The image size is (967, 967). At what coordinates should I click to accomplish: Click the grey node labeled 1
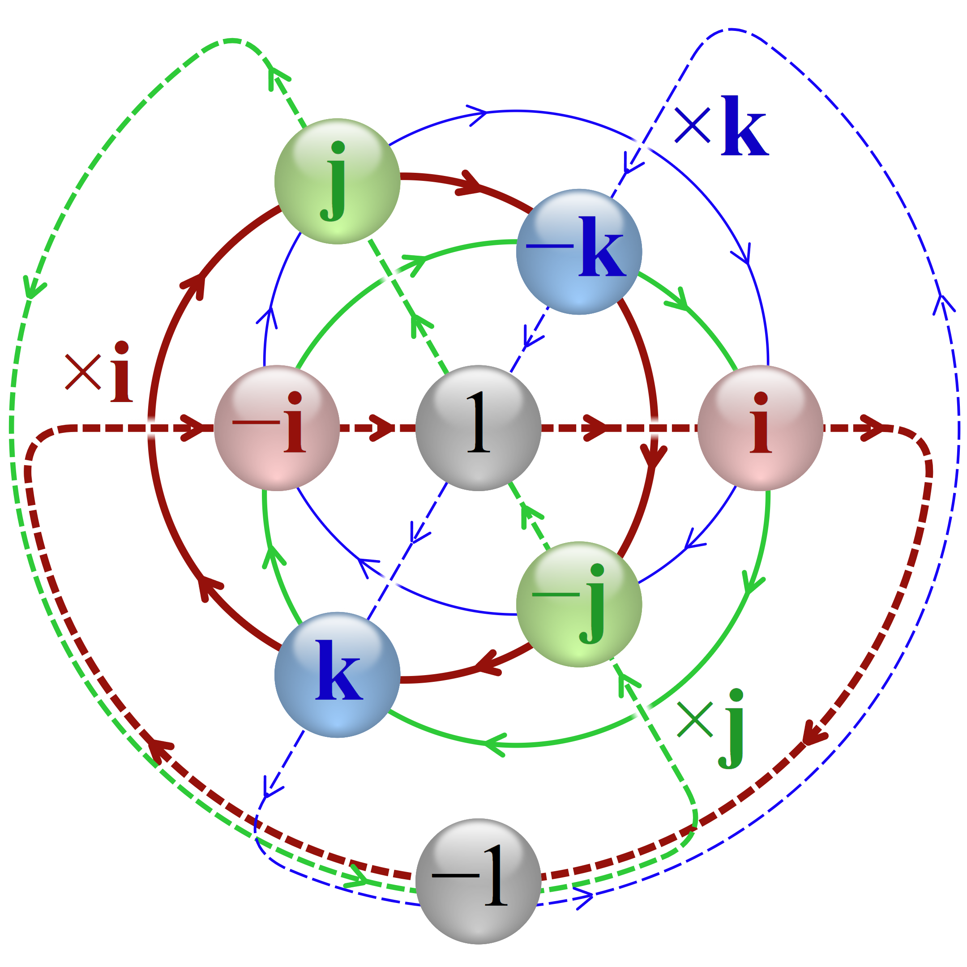coord(478,428)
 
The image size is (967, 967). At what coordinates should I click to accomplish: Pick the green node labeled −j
coord(579,604)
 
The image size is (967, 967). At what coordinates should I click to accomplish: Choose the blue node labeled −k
coord(579,252)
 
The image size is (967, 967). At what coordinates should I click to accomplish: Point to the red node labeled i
coord(760,428)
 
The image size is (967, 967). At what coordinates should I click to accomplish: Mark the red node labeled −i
coord(277,428)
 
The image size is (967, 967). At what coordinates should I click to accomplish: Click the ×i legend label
coord(99,372)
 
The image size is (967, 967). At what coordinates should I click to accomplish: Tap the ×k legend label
coord(721,125)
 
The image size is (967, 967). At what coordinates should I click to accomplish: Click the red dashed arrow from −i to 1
coord(378,428)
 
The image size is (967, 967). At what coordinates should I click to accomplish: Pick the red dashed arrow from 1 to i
coord(619,428)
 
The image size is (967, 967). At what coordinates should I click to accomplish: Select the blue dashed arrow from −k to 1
coord(530,340)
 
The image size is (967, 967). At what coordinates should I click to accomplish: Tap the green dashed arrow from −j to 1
coord(529,516)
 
